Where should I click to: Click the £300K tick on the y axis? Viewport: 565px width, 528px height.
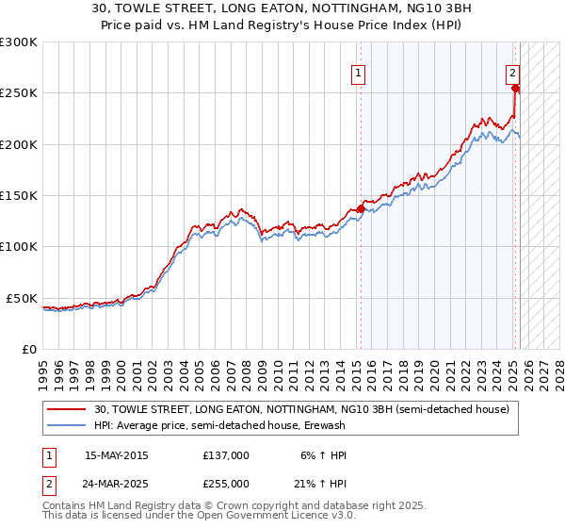pos(19,42)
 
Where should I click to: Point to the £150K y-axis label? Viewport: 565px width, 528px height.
pos(19,196)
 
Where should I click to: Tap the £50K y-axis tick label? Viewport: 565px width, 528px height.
pos(23,298)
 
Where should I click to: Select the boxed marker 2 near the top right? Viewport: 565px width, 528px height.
pos(512,74)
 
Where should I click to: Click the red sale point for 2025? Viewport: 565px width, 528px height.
pos(515,89)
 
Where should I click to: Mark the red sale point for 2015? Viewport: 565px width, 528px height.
pos(360,208)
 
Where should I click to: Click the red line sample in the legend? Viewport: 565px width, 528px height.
pos(66,409)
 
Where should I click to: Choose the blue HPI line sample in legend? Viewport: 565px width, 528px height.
pos(66,425)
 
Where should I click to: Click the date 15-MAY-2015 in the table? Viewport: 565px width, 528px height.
pos(117,455)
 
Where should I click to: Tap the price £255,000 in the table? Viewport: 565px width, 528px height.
pos(225,483)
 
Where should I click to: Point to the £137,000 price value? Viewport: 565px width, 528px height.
pos(225,455)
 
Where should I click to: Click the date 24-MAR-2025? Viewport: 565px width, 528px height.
pos(117,483)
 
